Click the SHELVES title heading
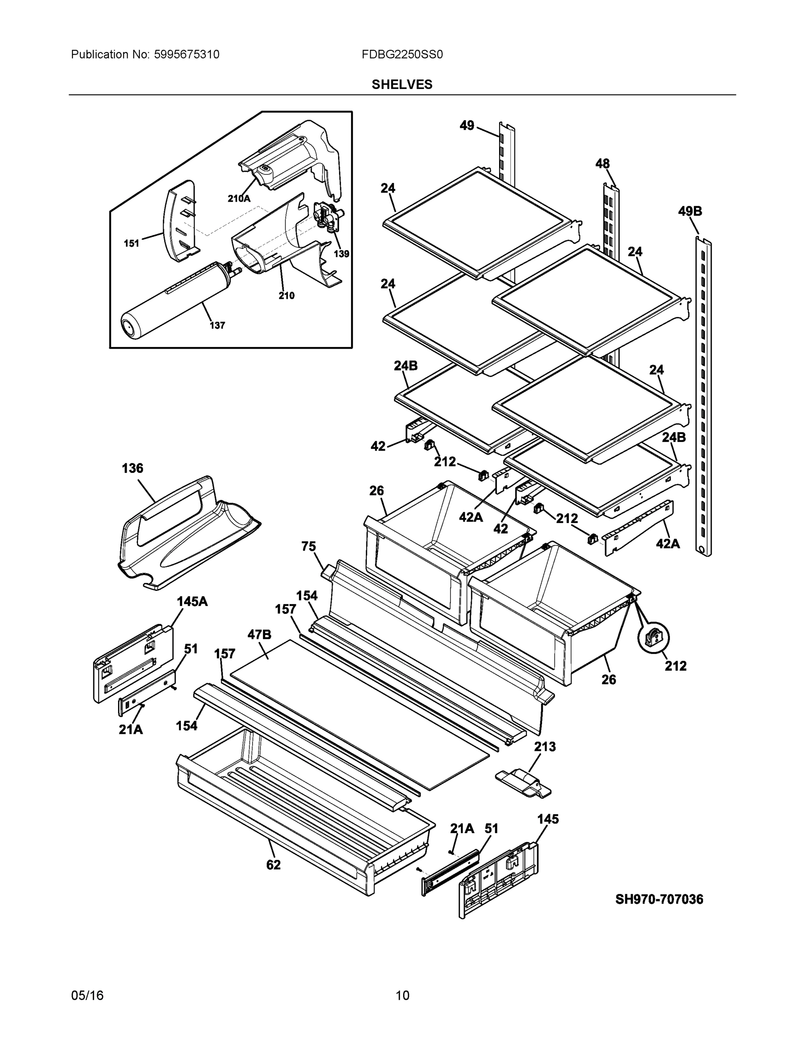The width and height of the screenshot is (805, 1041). (401, 85)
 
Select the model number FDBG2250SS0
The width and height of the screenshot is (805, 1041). (401, 55)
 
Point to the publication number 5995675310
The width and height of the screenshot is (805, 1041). (187, 55)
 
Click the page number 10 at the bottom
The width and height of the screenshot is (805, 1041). (402, 995)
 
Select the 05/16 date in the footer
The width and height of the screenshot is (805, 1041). (87, 995)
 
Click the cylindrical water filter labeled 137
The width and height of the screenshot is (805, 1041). (177, 300)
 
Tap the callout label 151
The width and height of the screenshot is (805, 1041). (131, 244)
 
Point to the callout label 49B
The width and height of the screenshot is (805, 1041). (690, 211)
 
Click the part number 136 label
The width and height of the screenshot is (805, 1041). (132, 468)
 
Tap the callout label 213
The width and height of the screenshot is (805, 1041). (545, 746)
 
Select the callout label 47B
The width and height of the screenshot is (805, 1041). (260, 635)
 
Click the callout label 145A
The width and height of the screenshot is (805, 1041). (192, 602)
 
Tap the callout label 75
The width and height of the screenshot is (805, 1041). (308, 546)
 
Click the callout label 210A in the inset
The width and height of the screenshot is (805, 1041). (238, 199)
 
